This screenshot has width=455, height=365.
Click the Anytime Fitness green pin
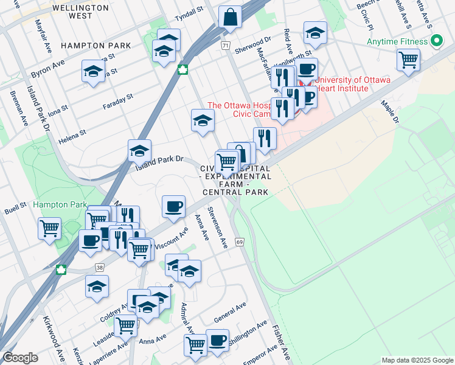coord(436,42)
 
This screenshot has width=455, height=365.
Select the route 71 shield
coord(226,46)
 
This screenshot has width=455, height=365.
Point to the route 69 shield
coord(240,243)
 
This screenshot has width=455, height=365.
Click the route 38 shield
coord(99,267)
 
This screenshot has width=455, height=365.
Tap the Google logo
coord(21,358)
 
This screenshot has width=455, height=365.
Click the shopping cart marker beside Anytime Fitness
coord(409,60)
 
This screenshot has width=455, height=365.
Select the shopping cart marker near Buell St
coord(49,229)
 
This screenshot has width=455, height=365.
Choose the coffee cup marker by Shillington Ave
coord(217,340)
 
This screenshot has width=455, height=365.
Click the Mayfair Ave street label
coord(41,37)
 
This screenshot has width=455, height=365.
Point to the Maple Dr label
coord(389,112)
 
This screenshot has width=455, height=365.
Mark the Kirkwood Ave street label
coord(53,338)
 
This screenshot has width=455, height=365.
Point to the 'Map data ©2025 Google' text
coord(417,360)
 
